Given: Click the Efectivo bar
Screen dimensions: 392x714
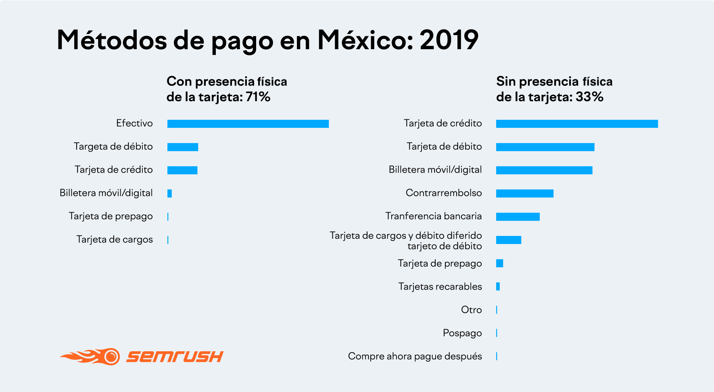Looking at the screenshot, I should pyautogui.click(x=248, y=124).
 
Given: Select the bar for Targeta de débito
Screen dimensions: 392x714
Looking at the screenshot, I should pyautogui.click(x=183, y=147).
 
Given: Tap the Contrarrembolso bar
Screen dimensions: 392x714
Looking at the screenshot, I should pyautogui.click(x=524, y=194).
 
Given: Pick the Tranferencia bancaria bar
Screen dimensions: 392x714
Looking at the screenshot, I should pyautogui.click(x=518, y=217).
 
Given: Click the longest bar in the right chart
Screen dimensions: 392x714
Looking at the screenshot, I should pyautogui.click(x=577, y=124).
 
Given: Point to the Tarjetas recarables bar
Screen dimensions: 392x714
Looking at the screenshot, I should pyautogui.click(x=498, y=287).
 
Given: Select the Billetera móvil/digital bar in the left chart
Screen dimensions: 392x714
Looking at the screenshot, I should pyautogui.click(x=170, y=194).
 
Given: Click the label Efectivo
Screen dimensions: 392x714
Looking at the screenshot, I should pyautogui.click(x=134, y=123).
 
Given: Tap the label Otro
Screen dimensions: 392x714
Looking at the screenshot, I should pyautogui.click(x=471, y=310).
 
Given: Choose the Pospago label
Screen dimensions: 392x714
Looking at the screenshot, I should pyautogui.click(x=462, y=333).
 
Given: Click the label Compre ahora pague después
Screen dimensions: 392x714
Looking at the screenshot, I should pyautogui.click(x=415, y=357).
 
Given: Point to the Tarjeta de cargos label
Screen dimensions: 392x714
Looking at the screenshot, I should pyautogui.click(x=115, y=240).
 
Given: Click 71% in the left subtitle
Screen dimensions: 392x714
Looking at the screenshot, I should pyautogui.click(x=258, y=97).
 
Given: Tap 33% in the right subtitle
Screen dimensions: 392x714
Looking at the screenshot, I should pyautogui.click(x=589, y=97).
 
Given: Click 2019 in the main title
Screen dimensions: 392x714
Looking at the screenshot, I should pyautogui.click(x=449, y=40).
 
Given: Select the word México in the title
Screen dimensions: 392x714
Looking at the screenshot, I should pyautogui.click(x=365, y=40).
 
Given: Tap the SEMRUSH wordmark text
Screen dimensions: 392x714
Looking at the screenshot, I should pyautogui.click(x=175, y=357).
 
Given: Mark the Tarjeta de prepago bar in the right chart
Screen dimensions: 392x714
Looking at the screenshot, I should pyautogui.click(x=500, y=263).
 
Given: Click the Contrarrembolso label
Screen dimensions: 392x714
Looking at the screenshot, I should pyautogui.click(x=444, y=193).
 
